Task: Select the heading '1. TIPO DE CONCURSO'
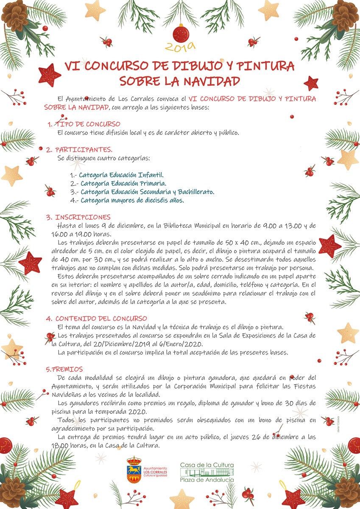tap(84, 124)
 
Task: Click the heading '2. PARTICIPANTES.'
tap(79, 150)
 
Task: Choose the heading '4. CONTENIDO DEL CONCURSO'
tap(97, 318)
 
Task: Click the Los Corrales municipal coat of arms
tap(134, 469)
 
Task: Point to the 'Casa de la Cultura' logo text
tap(207, 465)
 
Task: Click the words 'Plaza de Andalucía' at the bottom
tap(207, 479)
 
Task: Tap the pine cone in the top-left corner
tap(15, 16)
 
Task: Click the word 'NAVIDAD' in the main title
tap(209, 81)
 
